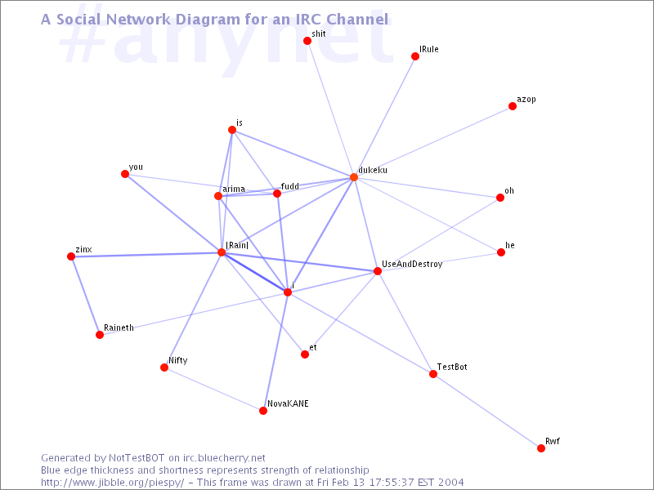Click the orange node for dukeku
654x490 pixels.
point(354,177)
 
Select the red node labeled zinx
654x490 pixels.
point(71,256)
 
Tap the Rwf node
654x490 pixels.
point(541,448)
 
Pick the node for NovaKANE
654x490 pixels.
point(263,411)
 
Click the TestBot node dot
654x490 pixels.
point(433,374)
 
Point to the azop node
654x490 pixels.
point(513,106)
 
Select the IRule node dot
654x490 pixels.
point(415,56)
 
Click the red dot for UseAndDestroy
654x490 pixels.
point(378,271)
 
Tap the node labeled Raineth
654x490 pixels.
point(100,335)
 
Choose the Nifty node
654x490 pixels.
point(164,367)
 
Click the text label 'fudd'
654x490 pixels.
point(290,186)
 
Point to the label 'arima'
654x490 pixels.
point(234,189)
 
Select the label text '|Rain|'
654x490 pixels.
point(237,245)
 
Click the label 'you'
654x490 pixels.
point(136,167)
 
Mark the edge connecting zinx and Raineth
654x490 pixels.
point(86,296)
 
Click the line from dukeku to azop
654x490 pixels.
point(433,141)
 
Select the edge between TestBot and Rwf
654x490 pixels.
point(487,412)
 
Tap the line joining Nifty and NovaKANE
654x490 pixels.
point(213,389)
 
